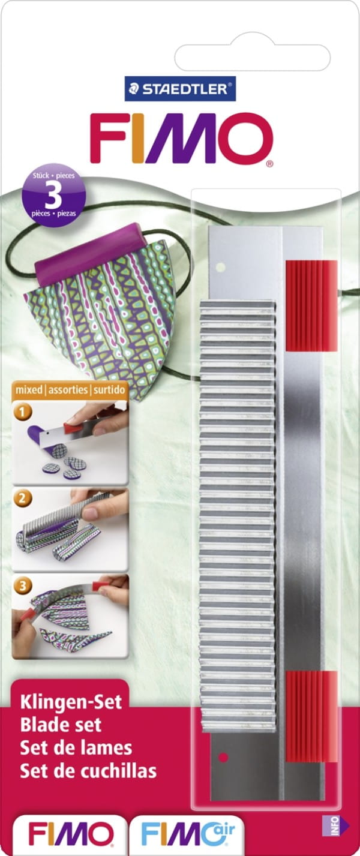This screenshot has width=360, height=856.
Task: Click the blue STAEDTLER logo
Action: coord(180,89)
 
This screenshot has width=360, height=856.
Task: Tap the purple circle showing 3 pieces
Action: coord(54,196)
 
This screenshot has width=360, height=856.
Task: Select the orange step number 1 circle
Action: coord(23,412)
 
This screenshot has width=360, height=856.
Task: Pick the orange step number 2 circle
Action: coord(23,498)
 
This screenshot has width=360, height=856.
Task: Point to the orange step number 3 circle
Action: coord(23,585)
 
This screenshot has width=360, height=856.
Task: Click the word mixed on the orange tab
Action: coord(29,389)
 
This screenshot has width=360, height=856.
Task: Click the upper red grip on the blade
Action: coord(311,306)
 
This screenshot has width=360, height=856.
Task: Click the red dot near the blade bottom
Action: coord(224,757)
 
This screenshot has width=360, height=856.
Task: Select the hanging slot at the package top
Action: coord(252,58)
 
